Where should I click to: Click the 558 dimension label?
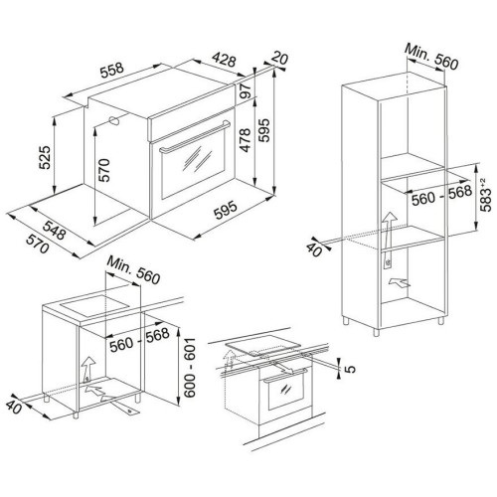coord(112,70)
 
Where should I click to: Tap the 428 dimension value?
coord(225,60)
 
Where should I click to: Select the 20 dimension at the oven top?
coord(280,59)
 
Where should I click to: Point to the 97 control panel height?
coord(246,90)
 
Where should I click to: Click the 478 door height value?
coord(246,140)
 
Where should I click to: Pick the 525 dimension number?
coord(45,157)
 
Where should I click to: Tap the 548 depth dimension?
coord(54,230)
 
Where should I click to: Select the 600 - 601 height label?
coord(190,368)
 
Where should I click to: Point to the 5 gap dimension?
coord(351,369)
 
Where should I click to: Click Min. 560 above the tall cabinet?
coord(431,57)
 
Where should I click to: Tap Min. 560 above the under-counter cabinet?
coord(133,270)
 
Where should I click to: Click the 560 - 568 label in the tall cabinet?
coord(441,195)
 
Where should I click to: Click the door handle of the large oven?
coord(195,136)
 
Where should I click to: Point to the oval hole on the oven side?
coord(114,120)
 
